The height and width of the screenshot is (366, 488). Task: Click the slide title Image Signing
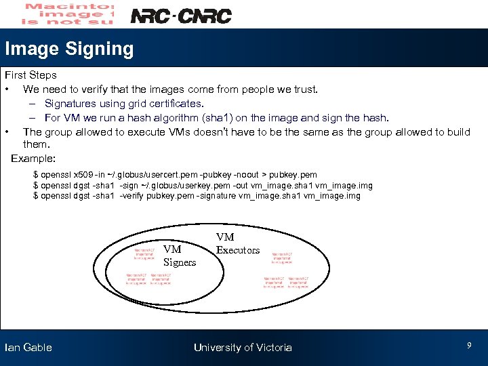[x=69, y=49]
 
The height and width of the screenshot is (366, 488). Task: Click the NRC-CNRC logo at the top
[x=180, y=16]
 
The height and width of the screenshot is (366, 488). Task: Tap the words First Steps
[x=30, y=75]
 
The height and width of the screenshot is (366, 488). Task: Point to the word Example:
[x=33, y=158]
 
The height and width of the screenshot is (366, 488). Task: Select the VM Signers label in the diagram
[x=179, y=256]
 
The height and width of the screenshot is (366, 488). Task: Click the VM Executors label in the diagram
[x=237, y=243]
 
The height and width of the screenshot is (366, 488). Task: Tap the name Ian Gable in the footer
[x=28, y=348]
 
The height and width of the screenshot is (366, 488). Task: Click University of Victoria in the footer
[x=243, y=348]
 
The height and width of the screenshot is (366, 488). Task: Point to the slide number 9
[x=469, y=346]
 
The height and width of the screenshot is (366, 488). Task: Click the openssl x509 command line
[x=175, y=175]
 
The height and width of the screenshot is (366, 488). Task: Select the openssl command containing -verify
[x=197, y=197]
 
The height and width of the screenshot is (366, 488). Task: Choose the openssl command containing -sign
[x=203, y=186]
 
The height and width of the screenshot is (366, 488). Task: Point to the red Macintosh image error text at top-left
[x=68, y=14]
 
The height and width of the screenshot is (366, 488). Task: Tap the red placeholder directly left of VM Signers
[x=144, y=253]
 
